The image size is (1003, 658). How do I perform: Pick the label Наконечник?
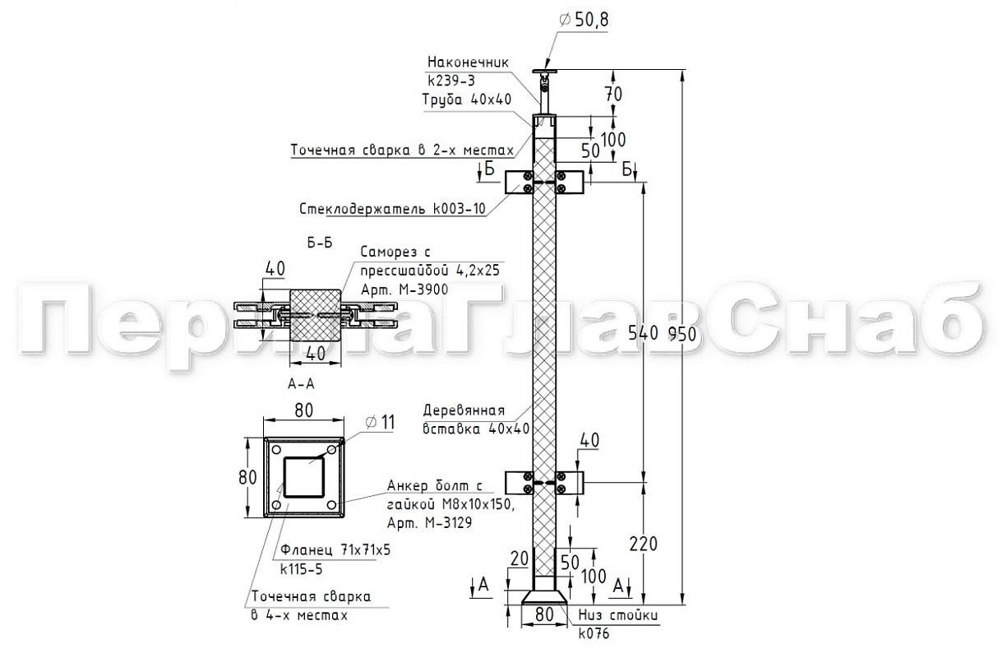click(468, 62)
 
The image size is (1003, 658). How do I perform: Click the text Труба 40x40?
click(467, 100)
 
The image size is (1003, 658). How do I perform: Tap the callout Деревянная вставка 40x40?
click(475, 419)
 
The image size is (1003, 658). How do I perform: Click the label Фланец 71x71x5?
click(335, 550)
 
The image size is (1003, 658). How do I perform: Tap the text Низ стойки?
click(618, 615)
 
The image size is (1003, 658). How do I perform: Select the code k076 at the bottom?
click(593, 634)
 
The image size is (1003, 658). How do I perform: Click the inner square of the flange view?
click(306, 476)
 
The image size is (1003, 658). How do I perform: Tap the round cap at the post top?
click(542, 72)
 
